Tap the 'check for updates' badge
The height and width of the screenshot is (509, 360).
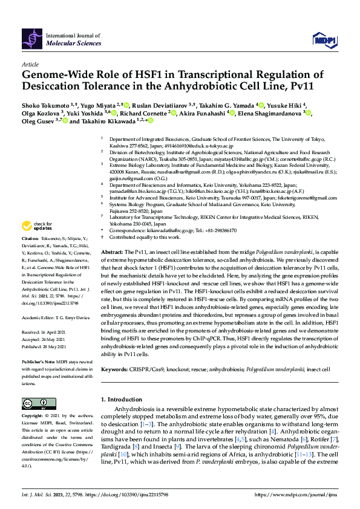(36, 227)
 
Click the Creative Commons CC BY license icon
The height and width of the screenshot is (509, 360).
(30, 403)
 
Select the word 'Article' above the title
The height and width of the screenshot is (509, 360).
(30, 64)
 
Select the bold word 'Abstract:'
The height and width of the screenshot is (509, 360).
(112, 251)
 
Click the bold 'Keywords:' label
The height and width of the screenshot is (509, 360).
(114, 369)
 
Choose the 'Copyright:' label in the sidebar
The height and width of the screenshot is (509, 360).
(33, 417)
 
